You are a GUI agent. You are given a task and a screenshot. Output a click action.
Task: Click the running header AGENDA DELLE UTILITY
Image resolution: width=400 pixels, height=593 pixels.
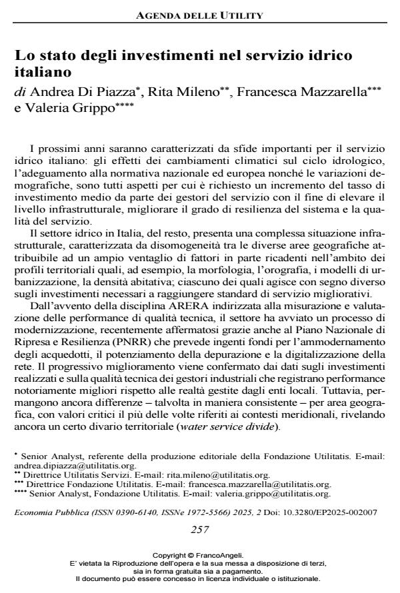point(199,15)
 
